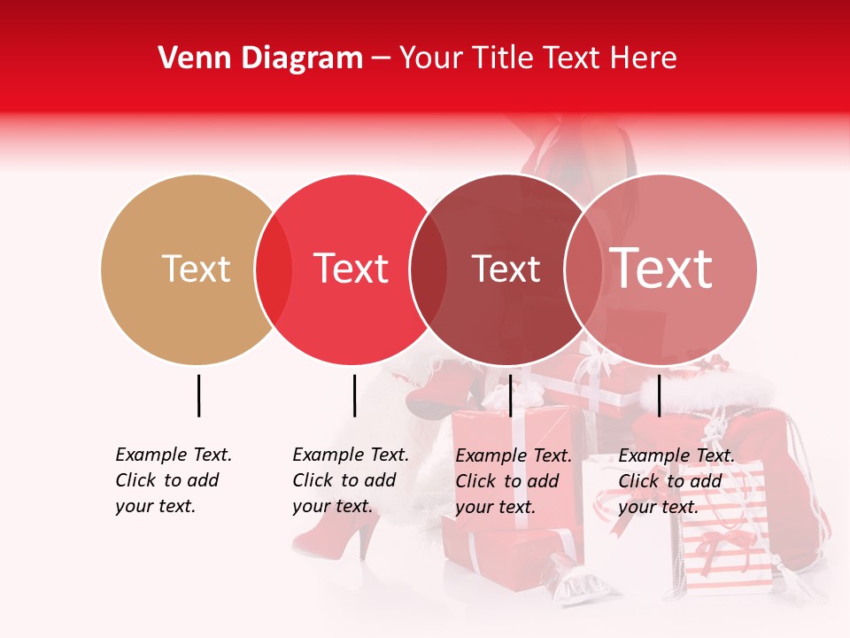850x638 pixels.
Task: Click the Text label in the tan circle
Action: pos(196,268)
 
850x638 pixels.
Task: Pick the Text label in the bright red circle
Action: pos(352,268)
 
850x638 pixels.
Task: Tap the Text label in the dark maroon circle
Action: pos(506,269)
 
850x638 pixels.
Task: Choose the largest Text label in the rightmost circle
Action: pos(661,268)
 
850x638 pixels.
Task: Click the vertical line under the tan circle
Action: pos(198,395)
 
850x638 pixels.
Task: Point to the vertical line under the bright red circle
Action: pos(354,395)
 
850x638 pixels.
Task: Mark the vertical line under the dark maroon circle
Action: pos(510,395)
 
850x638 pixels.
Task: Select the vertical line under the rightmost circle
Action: pos(659,395)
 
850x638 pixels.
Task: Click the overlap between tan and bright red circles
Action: pos(274,269)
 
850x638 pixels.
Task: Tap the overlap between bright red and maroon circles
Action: pos(429,269)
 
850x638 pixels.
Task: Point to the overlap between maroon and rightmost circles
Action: pos(583,269)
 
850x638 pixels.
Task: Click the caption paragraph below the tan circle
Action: pos(173,480)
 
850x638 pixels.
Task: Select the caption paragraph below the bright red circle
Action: pos(350,480)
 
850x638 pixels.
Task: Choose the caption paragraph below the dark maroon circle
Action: pos(513,481)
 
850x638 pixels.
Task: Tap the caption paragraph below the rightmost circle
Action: pos(676,481)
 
